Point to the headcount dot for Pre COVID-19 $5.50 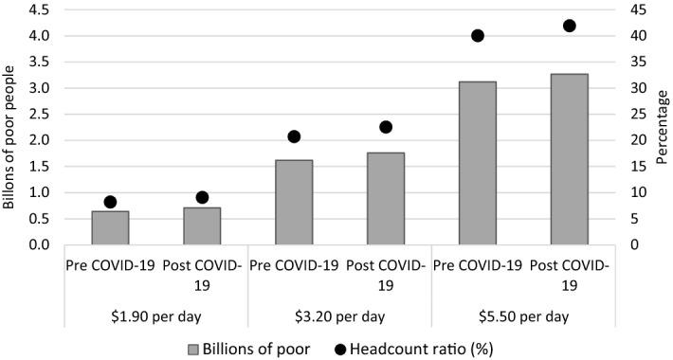pos(478,36)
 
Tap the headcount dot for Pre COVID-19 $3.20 pos(294,136)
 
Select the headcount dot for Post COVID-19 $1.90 pos(202,197)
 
